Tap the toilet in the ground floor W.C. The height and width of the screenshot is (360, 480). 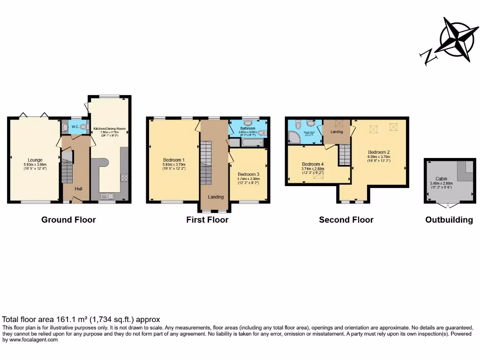coord(83,126)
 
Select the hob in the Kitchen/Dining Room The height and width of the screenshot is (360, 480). coord(124,178)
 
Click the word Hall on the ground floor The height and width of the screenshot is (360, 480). coord(79,188)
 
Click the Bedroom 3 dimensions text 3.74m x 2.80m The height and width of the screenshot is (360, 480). coord(248,179)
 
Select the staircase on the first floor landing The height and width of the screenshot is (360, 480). coord(206,165)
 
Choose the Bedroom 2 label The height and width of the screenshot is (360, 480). coord(379,152)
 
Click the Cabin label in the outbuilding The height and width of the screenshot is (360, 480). coord(441,179)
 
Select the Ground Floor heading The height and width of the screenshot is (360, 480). coord(68,219)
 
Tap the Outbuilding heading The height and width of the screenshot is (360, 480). coord(449,219)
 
